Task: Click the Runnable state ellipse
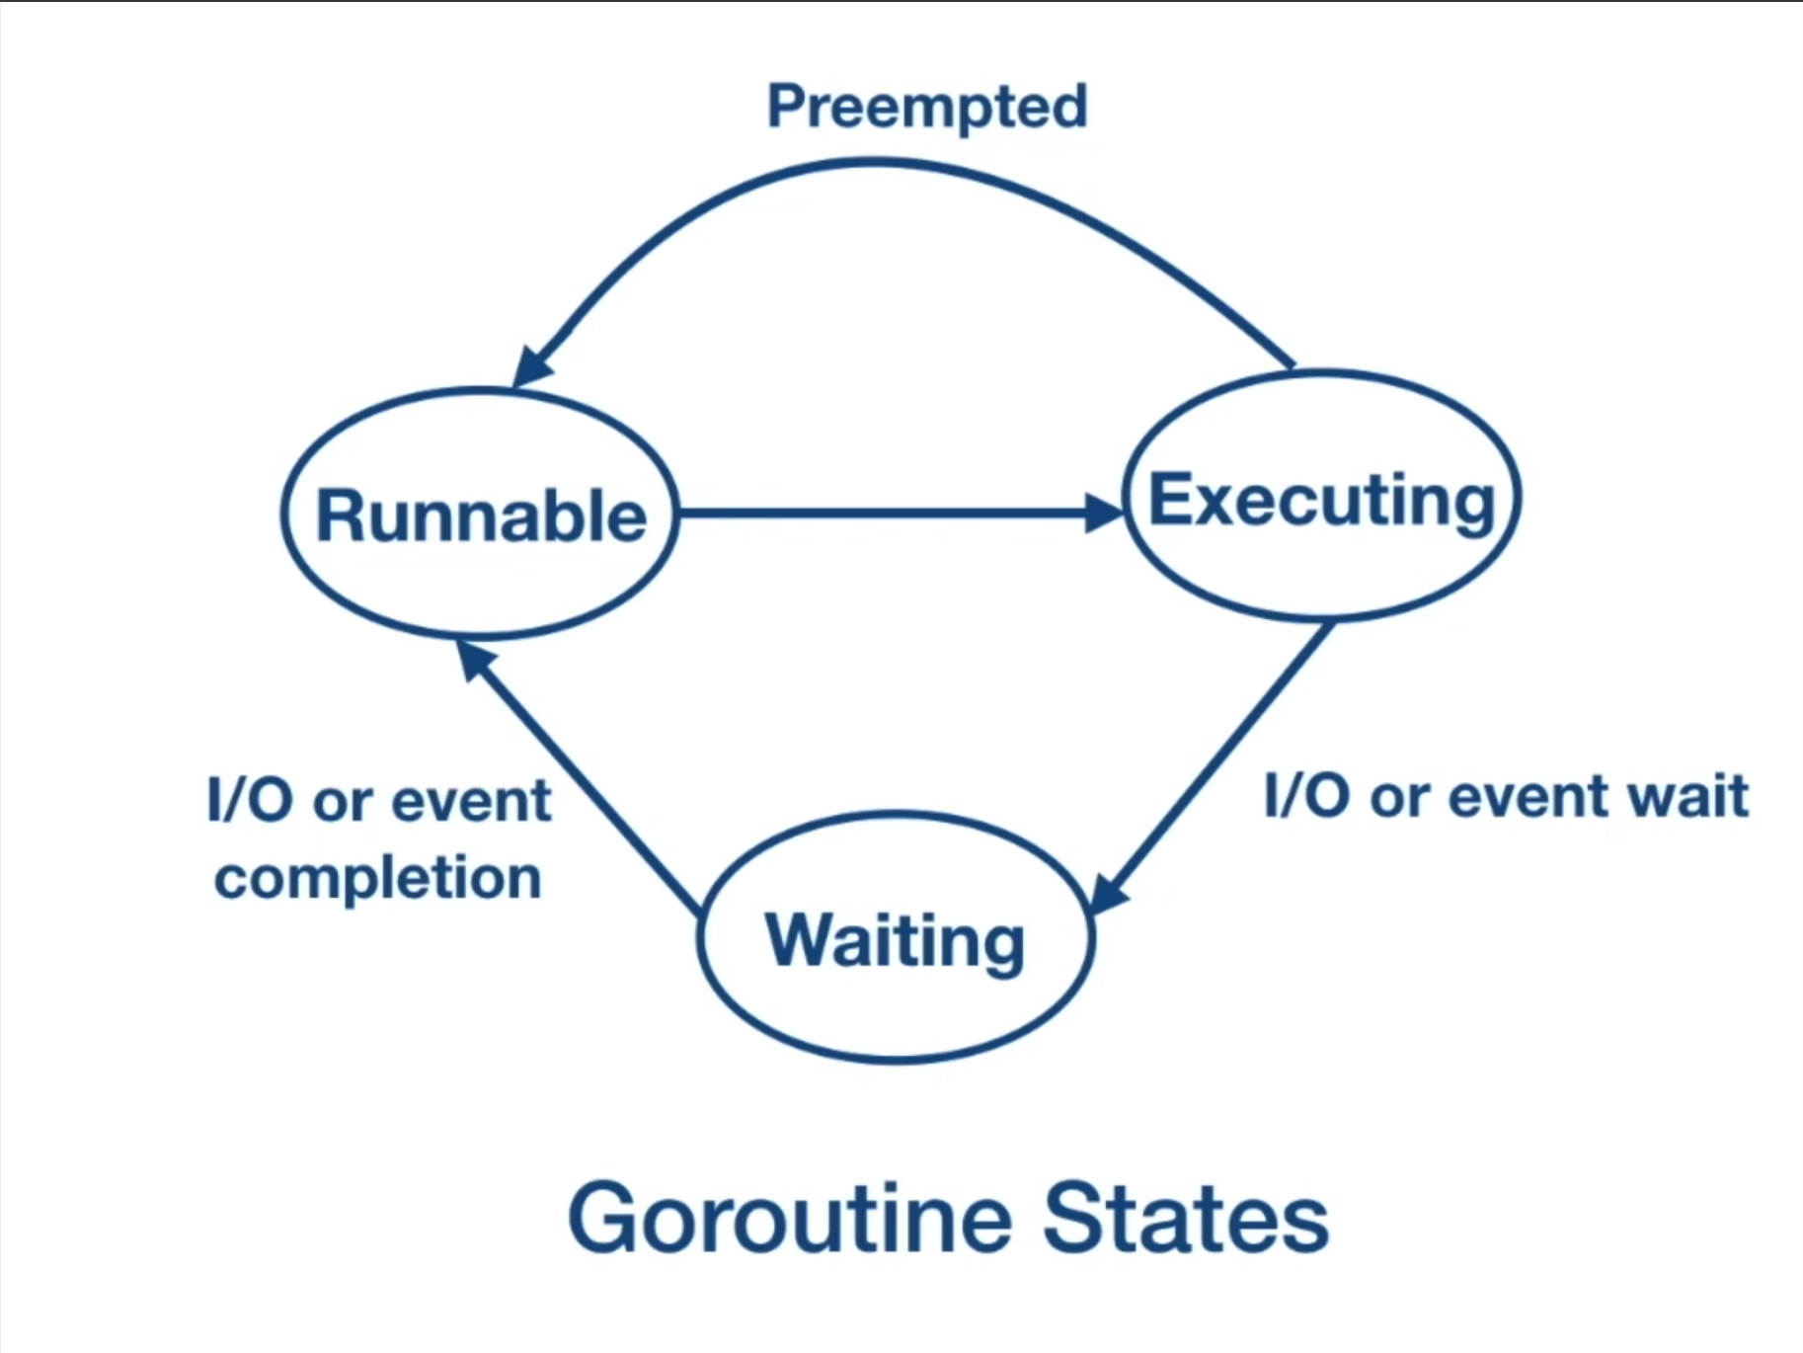(480, 513)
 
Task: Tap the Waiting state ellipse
(896, 938)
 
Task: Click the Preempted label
(927, 107)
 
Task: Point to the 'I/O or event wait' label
(1506, 796)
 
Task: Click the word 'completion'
(378, 878)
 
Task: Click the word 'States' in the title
(1185, 1219)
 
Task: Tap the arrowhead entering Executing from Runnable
(1104, 513)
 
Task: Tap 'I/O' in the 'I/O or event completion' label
(249, 800)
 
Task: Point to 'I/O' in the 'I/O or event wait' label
(1305, 796)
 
